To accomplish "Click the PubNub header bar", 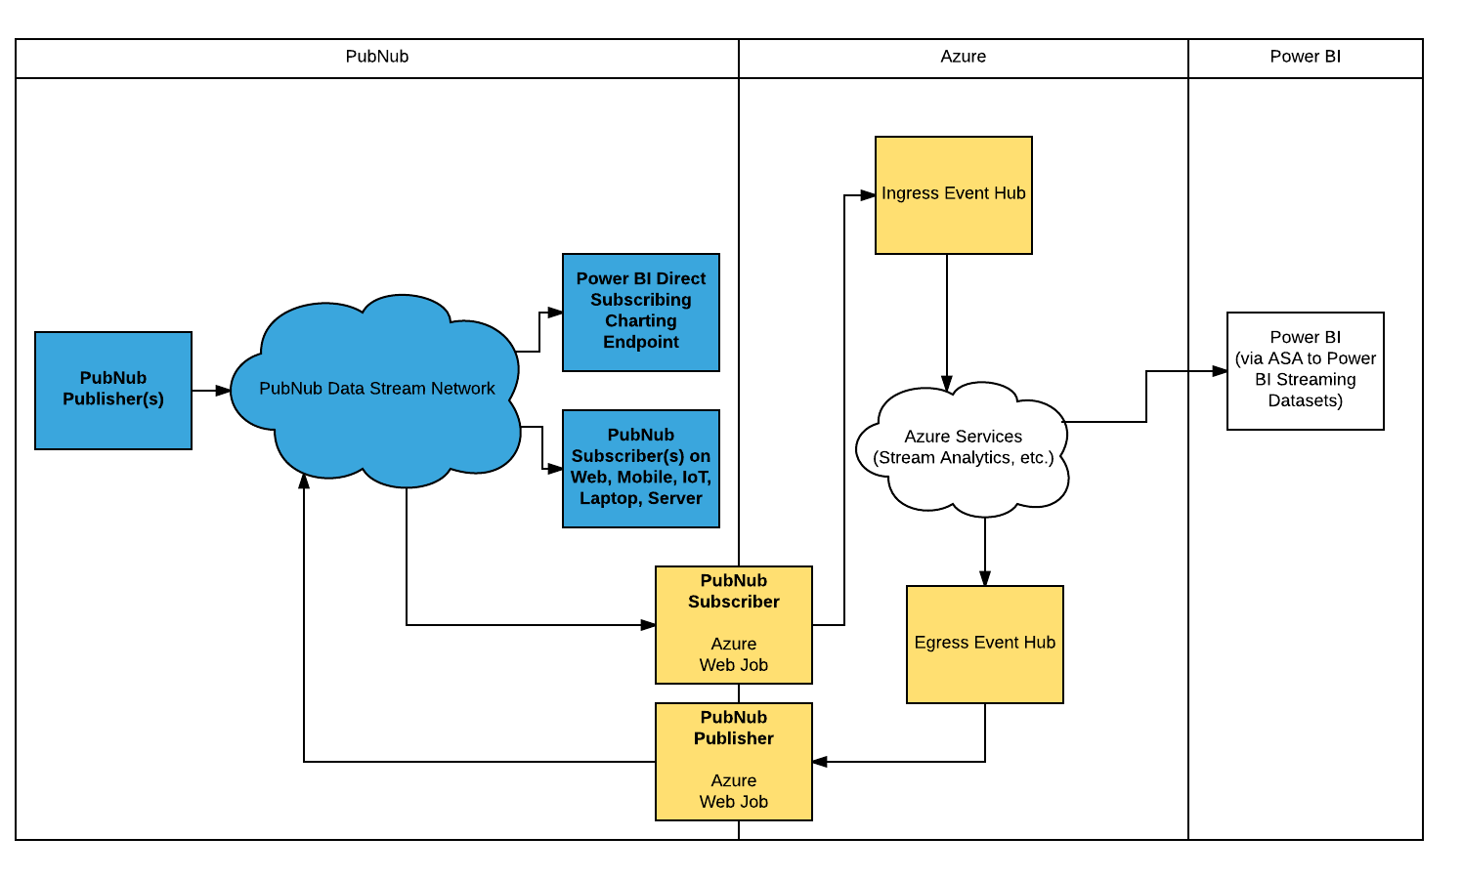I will click(x=376, y=58).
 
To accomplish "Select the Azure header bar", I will click(x=963, y=58).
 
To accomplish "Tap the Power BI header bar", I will click(x=1305, y=58).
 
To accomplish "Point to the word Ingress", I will click(x=909, y=193).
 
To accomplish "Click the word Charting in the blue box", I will click(x=640, y=320).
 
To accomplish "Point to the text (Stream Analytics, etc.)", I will click(x=963, y=458).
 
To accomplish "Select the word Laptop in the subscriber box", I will click(x=608, y=498).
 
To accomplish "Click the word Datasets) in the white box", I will click(x=1305, y=400).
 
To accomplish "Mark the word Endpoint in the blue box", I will click(x=640, y=342).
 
